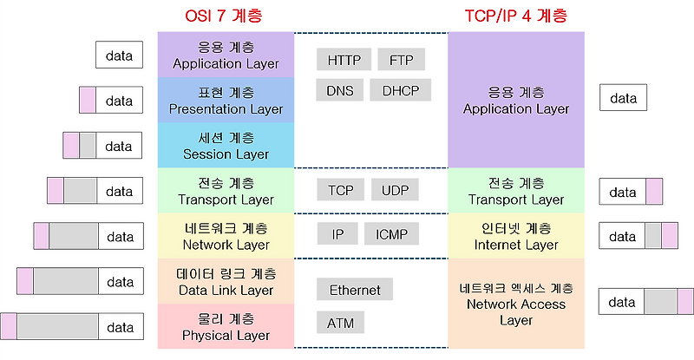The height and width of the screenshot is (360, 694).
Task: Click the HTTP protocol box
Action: tap(344, 60)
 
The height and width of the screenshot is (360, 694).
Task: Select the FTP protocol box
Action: tap(402, 60)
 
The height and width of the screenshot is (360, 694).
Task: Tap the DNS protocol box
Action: tap(339, 89)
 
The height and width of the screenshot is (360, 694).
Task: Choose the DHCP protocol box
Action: tap(401, 89)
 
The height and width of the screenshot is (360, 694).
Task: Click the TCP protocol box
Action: tap(339, 190)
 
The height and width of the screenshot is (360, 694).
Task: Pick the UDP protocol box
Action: tap(395, 190)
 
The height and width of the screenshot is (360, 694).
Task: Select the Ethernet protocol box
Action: tap(355, 290)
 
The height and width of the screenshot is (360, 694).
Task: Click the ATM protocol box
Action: tap(340, 324)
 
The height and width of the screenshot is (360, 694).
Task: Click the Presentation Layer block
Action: tap(226, 101)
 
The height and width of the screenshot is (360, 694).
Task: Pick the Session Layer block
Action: tap(226, 146)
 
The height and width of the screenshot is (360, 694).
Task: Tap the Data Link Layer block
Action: tap(226, 281)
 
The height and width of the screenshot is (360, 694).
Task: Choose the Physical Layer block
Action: tap(226, 326)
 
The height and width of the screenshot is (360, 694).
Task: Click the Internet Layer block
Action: tap(516, 236)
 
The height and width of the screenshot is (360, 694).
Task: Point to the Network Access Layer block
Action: tap(516, 304)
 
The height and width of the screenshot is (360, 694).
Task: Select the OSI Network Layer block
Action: tap(226, 236)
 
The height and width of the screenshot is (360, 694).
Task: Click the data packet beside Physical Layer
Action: tap(69, 327)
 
